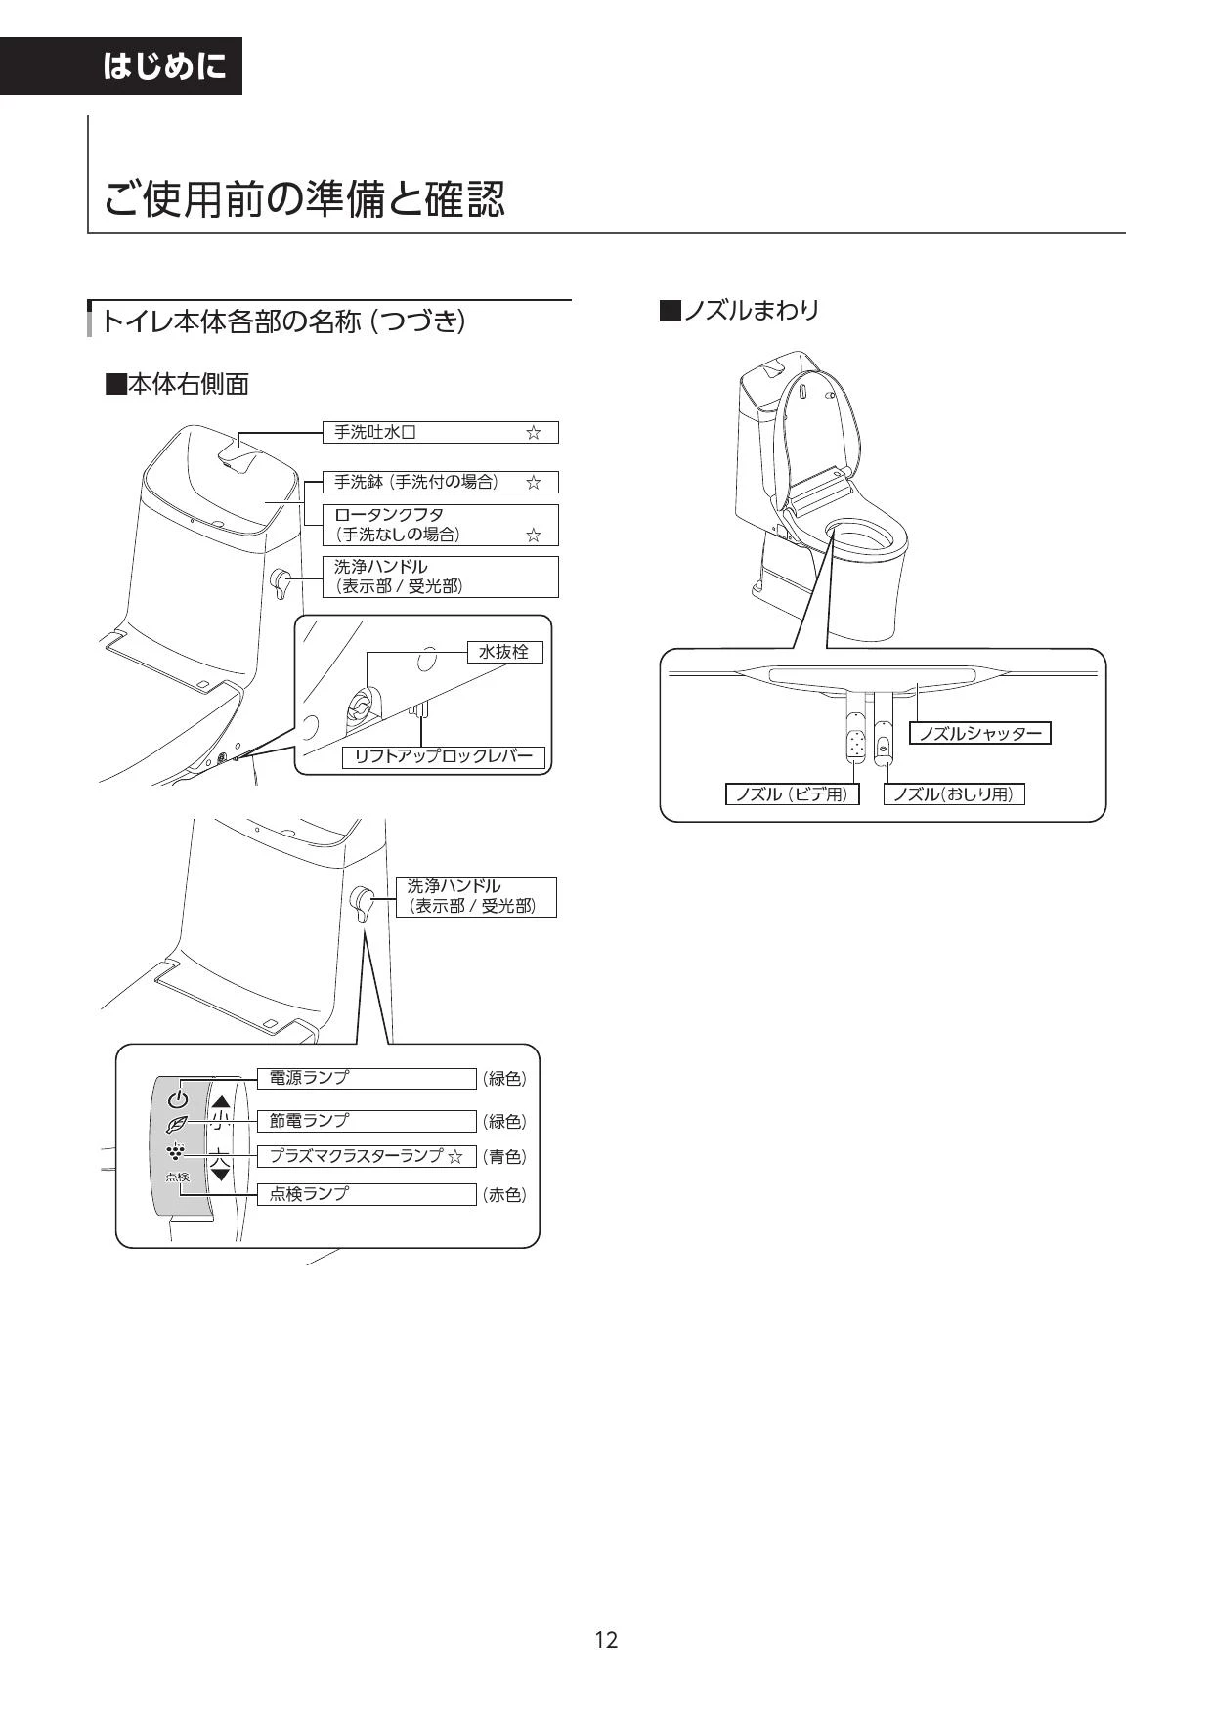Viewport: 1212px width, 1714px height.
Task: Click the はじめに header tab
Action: pos(120,65)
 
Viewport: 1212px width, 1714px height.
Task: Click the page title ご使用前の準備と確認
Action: pos(305,199)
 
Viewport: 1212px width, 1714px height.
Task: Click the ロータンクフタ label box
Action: pos(440,525)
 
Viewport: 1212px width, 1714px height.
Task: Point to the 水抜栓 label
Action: pos(503,652)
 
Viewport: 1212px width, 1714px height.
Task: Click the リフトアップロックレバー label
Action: pos(443,756)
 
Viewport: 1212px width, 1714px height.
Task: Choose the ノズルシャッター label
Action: pos(980,733)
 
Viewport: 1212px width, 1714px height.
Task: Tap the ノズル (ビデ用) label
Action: pos(792,794)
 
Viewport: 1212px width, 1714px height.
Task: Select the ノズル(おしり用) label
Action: pos(954,794)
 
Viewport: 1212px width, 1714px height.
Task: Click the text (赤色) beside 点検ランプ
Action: pos(504,1194)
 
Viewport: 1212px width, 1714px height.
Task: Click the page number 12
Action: pos(606,1639)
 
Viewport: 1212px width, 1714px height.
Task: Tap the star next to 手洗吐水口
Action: pos(533,432)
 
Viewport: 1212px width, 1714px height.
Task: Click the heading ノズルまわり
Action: pos(740,311)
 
